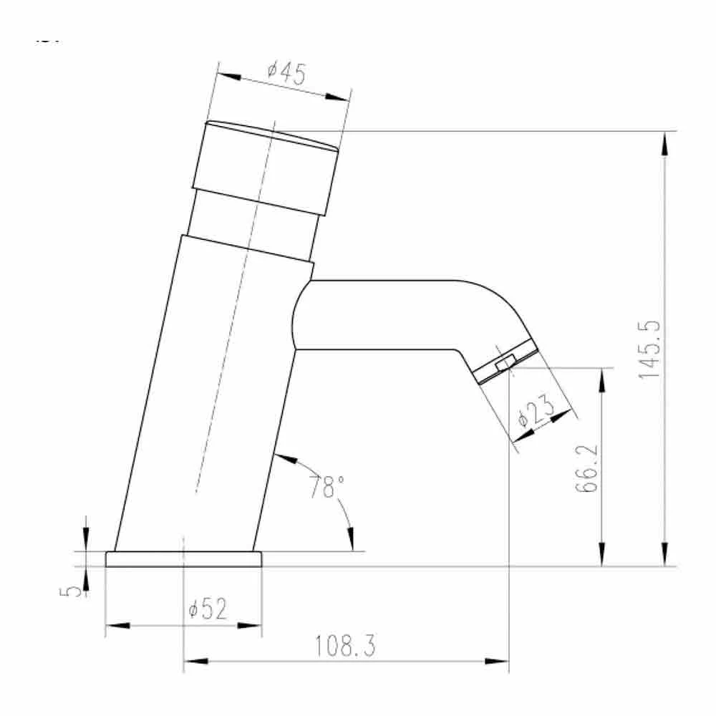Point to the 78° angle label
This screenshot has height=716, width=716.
(x=323, y=487)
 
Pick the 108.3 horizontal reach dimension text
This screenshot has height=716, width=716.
(x=345, y=647)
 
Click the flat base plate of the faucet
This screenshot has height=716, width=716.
(x=183, y=559)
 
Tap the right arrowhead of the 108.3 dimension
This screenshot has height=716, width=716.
(x=498, y=662)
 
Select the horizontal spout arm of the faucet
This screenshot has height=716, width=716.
(x=387, y=315)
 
